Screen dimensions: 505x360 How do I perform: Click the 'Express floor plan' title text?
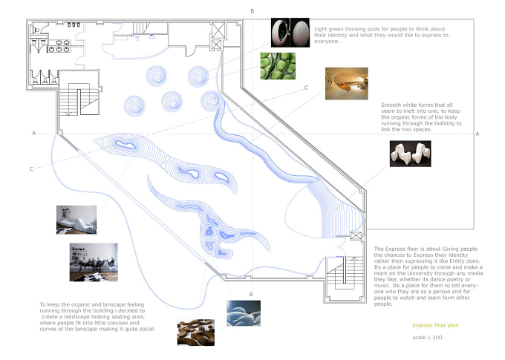click(x=435, y=325)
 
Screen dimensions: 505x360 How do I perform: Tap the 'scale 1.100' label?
click(x=427, y=338)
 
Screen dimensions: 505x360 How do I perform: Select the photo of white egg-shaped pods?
click(x=290, y=33)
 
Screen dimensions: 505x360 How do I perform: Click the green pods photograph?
click(x=278, y=66)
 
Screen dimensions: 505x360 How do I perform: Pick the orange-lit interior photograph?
click(x=347, y=84)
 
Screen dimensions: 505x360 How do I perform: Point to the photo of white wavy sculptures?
click(x=410, y=154)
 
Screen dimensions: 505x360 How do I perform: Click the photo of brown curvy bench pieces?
click(x=196, y=333)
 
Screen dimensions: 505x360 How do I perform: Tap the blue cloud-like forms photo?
click(x=244, y=313)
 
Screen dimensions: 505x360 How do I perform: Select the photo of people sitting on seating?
click(x=94, y=263)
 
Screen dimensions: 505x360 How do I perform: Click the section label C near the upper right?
click(x=306, y=88)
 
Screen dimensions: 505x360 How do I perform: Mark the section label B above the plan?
click(x=252, y=11)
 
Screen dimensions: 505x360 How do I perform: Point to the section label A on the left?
click(x=34, y=133)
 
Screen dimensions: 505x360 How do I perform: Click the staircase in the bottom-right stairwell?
click(x=345, y=273)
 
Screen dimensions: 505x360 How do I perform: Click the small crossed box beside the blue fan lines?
click(x=356, y=236)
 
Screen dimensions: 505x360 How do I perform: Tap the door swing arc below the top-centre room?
click(x=192, y=51)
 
